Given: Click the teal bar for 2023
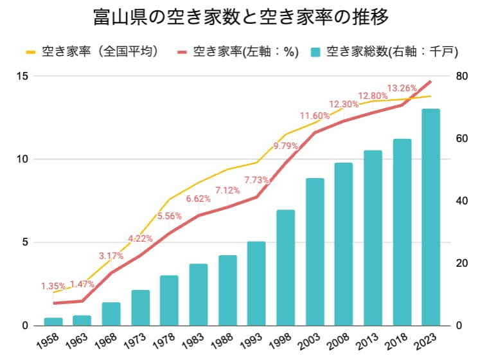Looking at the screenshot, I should (430, 217).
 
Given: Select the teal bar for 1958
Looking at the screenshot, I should (53, 321).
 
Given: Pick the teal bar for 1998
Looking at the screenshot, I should (286, 267).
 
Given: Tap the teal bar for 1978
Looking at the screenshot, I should (170, 300).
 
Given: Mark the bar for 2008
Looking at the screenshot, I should (344, 244).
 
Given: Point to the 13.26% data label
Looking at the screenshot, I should (402, 87).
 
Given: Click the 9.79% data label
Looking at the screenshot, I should (286, 146).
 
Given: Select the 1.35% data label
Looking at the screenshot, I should (53, 286).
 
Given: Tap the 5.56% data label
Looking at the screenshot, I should (170, 217).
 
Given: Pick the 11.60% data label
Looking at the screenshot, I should (314, 116).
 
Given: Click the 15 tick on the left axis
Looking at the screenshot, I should (23, 76).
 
